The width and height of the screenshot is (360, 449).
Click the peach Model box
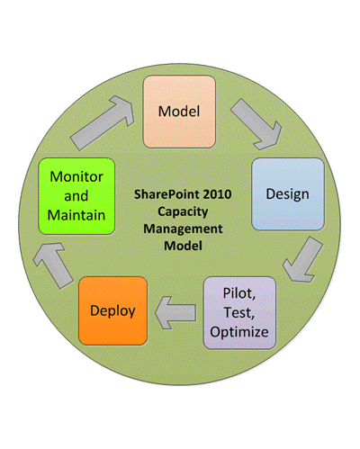179,112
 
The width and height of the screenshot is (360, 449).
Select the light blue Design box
287,193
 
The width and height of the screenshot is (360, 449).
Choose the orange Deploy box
112,311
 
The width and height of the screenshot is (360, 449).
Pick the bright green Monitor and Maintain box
76,197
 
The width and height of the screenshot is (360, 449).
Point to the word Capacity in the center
179,211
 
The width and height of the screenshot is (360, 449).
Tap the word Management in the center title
179,228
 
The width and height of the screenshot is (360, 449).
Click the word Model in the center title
179,245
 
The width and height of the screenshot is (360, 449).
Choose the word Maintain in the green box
76,215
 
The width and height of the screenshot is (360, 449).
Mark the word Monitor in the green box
76,177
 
